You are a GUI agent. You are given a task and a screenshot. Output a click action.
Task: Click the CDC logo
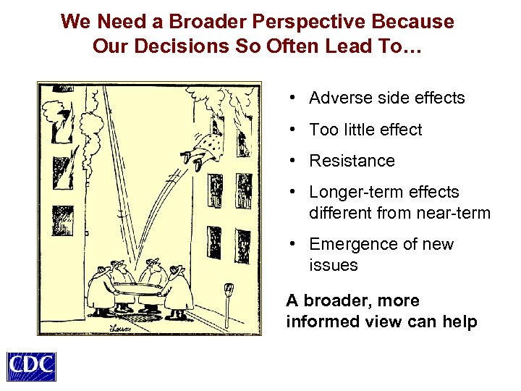click(31, 366)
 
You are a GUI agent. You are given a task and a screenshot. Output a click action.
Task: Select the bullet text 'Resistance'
click(352, 161)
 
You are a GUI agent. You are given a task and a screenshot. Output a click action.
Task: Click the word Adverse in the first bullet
click(338, 98)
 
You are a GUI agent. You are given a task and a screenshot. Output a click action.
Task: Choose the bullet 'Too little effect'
click(365, 130)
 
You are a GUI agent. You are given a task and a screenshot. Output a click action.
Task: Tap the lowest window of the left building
click(58, 219)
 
